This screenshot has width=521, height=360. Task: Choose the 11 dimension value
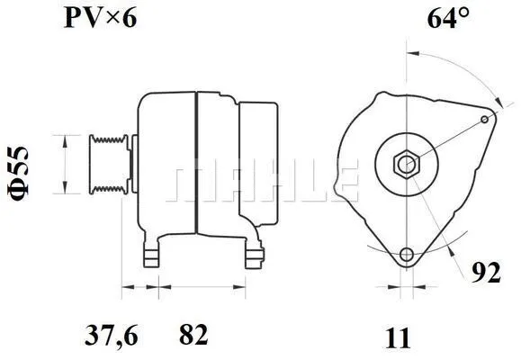398,337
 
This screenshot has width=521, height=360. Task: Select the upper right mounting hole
486,119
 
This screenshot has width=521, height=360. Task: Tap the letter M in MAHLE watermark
191,183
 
